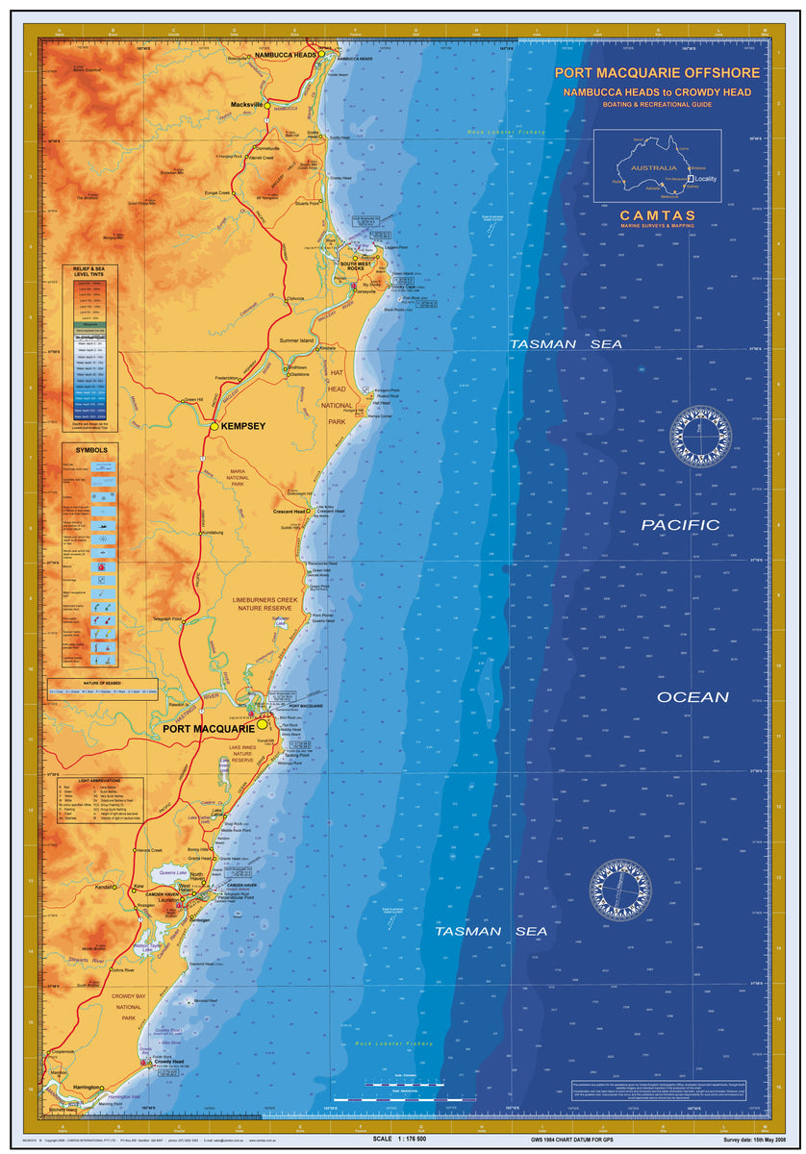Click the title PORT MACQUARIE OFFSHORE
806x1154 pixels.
pos(657,73)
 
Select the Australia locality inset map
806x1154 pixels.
pos(657,165)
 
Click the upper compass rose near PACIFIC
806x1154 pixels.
pos(701,436)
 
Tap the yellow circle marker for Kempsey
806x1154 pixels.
pos(214,425)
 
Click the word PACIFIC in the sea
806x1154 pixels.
pos(680,525)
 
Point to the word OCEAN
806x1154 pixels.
pos(693,697)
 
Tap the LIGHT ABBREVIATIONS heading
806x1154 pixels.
pos(90,781)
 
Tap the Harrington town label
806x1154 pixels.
pos(87,1088)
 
